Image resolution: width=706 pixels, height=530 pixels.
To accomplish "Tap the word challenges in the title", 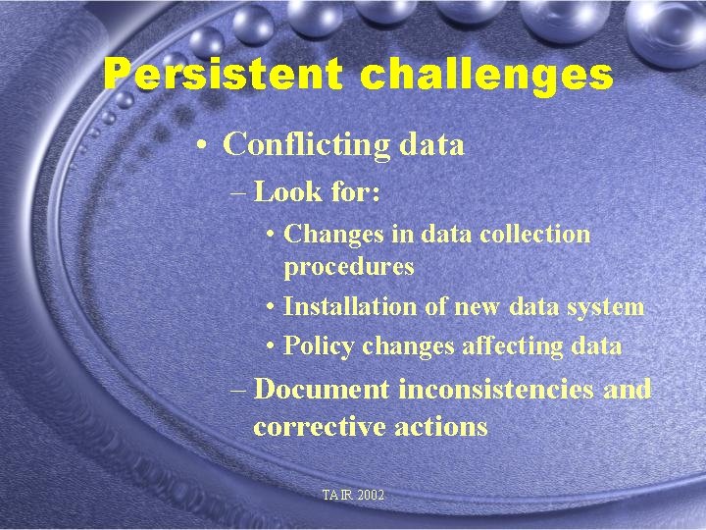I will pyautogui.click(x=486, y=75).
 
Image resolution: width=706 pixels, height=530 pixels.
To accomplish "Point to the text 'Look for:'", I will pyautogui.click(x=317, y=191).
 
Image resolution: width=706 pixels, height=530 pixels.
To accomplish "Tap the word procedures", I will pyautogui.click(x=349, y=266).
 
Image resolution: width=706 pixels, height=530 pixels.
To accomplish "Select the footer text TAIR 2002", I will pyautogui.click(x=353, y=496).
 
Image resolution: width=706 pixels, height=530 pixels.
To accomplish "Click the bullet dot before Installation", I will pyautogui.click(x=270, y=307).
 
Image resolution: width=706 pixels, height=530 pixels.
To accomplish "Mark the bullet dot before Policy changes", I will pyautogui.click(x=270, y=346).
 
